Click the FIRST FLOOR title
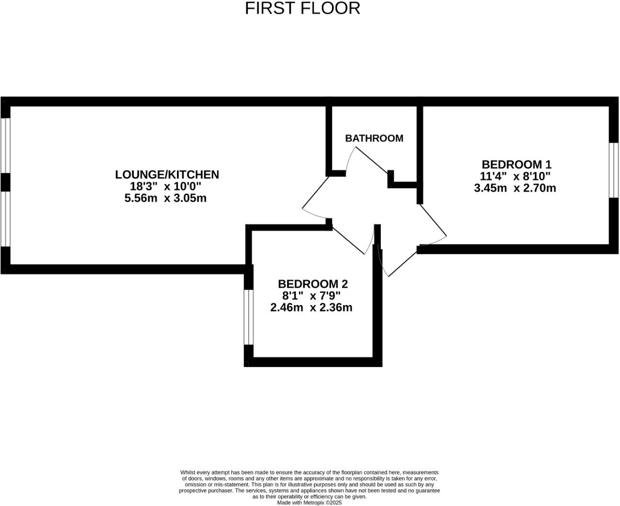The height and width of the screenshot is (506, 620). [x=302, y=9]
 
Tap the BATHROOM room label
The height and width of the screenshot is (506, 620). [x=374, y=138]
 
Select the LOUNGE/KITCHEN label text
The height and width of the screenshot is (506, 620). [x=167, y=174]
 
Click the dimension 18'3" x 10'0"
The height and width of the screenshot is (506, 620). [x=166, y=186]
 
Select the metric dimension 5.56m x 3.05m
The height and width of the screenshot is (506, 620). [x=166, y=198]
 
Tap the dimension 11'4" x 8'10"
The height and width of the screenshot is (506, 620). [x=515, y=176]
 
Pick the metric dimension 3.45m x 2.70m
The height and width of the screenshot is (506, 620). [x=515, y=188]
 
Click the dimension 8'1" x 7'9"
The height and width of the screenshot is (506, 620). [x=311, y=296]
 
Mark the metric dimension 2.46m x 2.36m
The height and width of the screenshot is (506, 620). [x=311, y=308]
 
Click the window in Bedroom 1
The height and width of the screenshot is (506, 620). [x=614, y=170]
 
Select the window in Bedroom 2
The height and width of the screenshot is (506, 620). [x=248, y=317]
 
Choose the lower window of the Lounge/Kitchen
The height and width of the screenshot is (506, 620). [x=5, y=219]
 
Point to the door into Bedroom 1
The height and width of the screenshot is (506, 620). [x=433, y=220]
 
